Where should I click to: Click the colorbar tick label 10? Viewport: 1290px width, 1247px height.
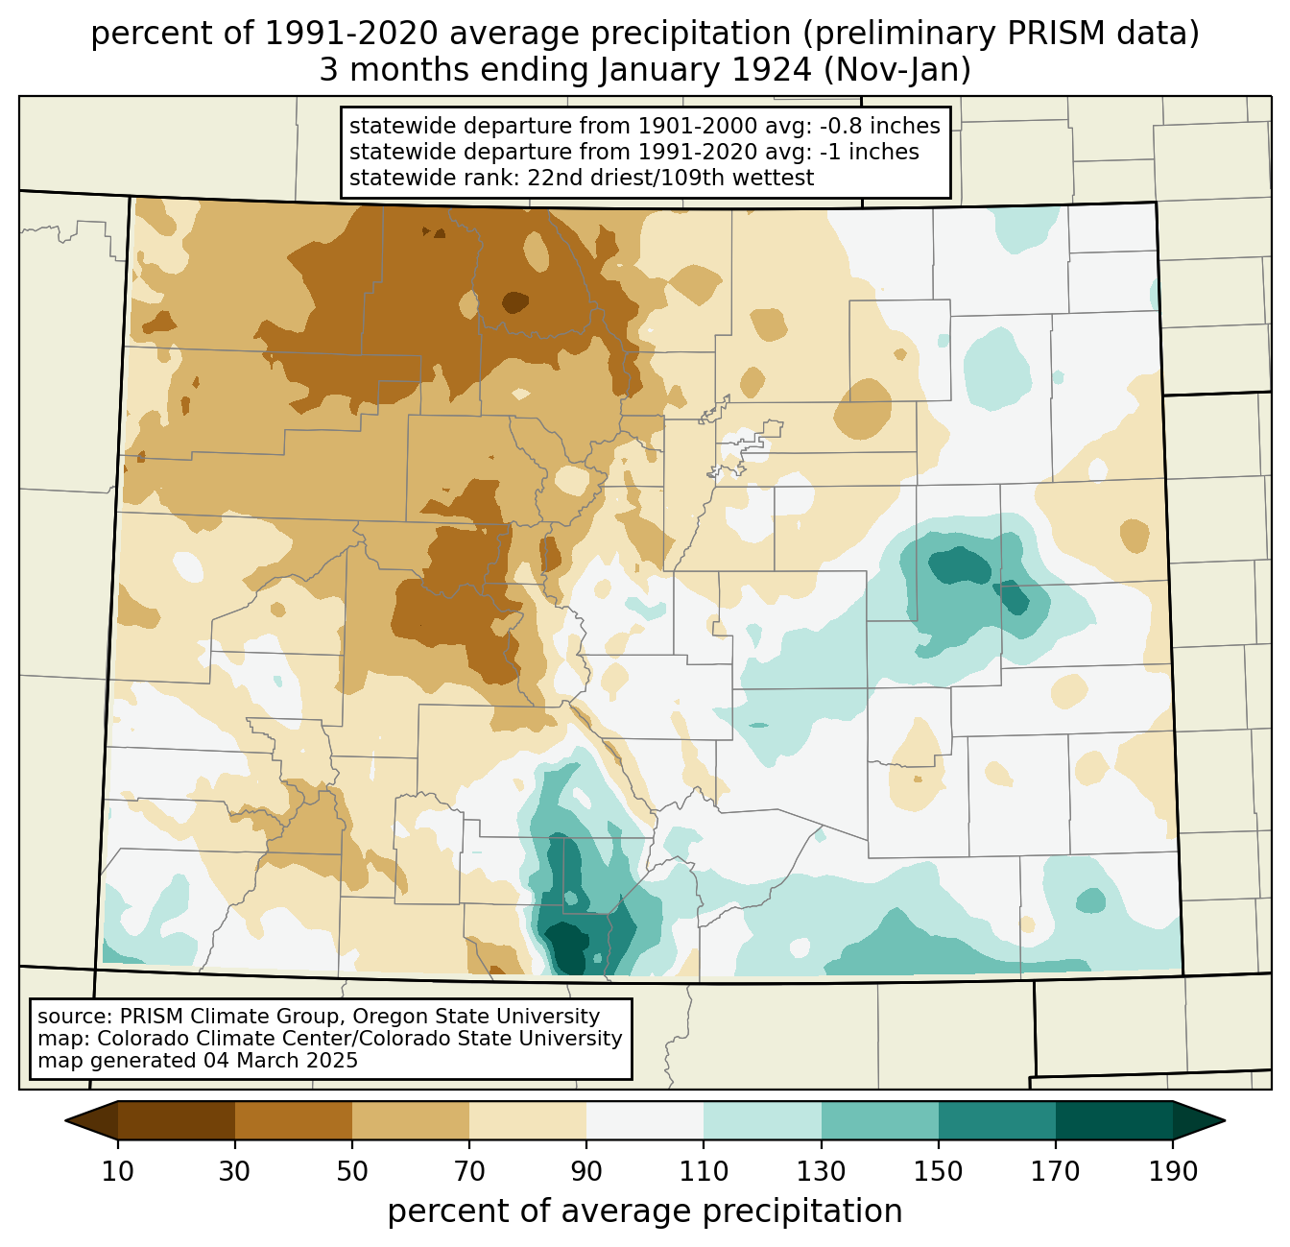click(x=117, y=1172)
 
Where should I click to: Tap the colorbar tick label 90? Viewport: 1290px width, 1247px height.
click(x=586, y=1172)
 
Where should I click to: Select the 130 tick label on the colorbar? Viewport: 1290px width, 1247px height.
click(x=821, y=1172)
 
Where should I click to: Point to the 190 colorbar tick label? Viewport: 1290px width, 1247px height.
click(x=1173, y=1172)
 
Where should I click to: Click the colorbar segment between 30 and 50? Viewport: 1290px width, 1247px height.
click(x=293, y=1120)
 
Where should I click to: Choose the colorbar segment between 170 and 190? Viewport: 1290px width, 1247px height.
click(x=1113, y=1120)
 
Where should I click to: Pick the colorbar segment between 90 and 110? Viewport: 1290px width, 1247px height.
click(x=645, y=1120)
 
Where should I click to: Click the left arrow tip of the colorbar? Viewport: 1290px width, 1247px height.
click(x=65, y=1121)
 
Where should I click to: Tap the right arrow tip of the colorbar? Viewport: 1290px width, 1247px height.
click(x=1225, y=1121)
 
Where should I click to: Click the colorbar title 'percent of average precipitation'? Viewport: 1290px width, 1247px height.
click(x=645, y=1211)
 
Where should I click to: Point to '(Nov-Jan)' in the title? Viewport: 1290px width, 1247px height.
click(x=896, y=70)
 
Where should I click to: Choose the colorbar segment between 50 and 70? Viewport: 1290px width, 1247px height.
click(x=411, y=1120)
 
